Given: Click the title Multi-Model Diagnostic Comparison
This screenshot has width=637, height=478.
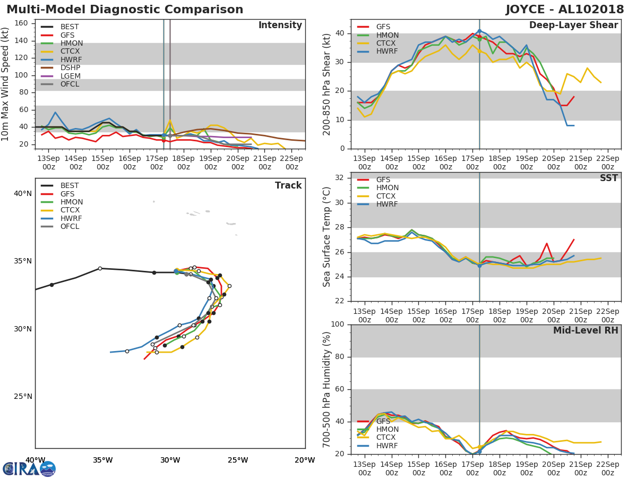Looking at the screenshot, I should coord(125,10).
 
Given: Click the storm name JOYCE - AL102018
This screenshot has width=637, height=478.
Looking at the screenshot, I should coord(565,10).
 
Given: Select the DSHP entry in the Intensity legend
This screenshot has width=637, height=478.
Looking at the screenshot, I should coord(70,67).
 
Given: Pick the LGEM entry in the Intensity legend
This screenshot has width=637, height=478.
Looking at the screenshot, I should coord(70,76).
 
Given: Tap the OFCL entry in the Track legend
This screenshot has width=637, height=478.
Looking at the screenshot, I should coord(70,226).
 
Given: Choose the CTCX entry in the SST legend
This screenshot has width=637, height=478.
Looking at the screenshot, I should coord(387,196).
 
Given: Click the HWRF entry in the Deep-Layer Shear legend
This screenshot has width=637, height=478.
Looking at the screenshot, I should coord(387,52).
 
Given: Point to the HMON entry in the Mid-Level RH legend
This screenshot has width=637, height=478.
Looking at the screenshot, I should coord(387,429).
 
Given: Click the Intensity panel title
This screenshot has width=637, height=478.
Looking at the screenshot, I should coord(280,25).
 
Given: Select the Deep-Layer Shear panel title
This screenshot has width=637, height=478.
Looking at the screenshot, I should coord(573,25).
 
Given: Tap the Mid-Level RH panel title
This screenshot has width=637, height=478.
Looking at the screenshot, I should coord(586,330).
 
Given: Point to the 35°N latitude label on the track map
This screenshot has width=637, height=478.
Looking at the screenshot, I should coord(23,261).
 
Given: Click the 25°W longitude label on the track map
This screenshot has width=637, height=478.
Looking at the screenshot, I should coord(238,460).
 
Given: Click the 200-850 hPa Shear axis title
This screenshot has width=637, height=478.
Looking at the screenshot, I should coord(327,84).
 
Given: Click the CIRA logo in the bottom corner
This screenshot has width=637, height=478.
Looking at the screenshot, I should coord(29,468).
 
